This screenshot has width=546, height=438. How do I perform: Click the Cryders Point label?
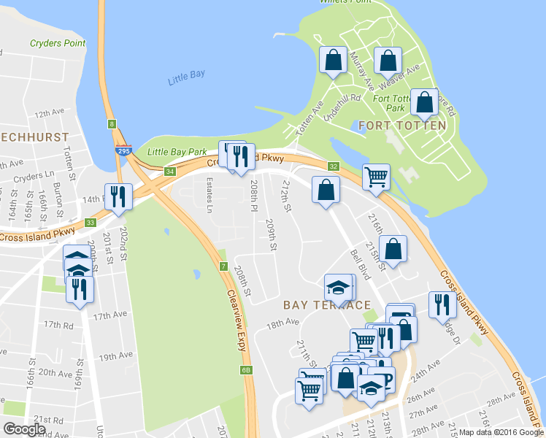(58, 43)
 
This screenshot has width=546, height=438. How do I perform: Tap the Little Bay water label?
(185, 80)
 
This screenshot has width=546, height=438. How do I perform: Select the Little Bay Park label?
(177, 152)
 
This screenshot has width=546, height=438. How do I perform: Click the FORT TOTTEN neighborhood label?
(402, 126)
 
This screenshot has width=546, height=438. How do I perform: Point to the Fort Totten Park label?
(389, 103)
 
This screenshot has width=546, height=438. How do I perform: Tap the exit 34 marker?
(170, 172)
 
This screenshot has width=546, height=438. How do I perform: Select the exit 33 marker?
(91, 223)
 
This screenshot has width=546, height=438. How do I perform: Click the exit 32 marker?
(333, 166)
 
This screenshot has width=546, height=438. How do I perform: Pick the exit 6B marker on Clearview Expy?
(246, 370)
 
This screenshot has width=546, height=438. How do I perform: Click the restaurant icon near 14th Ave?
(118, 195)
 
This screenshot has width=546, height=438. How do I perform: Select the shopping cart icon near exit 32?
(376, 176)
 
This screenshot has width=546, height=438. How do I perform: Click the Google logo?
(24, 429)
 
